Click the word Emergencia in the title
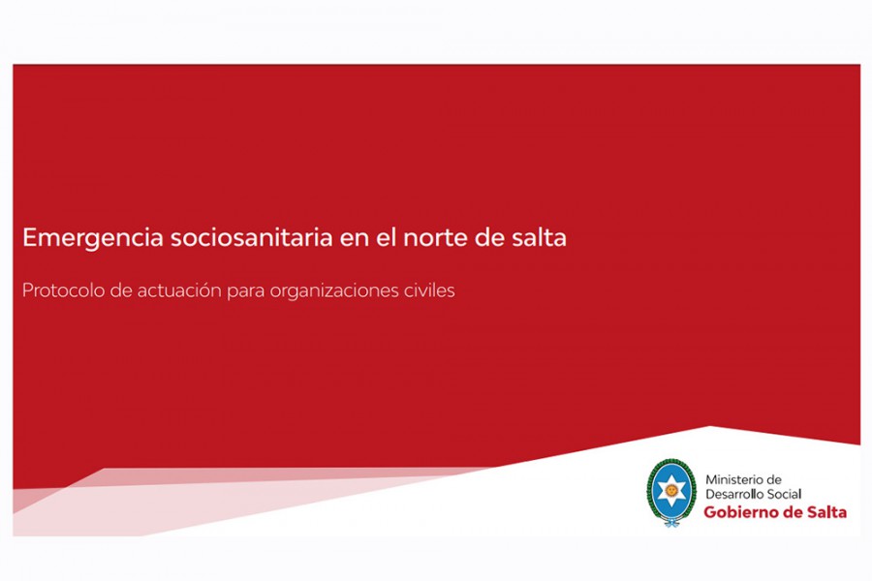coord(93,238)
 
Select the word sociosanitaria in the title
coord(251,237)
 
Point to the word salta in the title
coord(539,237)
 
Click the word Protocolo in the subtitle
coord(63,290)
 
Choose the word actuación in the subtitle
coord(179,290)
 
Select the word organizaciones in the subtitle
coord(333,291)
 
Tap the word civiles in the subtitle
coord(429,290)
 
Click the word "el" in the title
coord(385,237)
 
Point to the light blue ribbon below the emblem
coord(671,522)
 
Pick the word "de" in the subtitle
coord(121,290)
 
